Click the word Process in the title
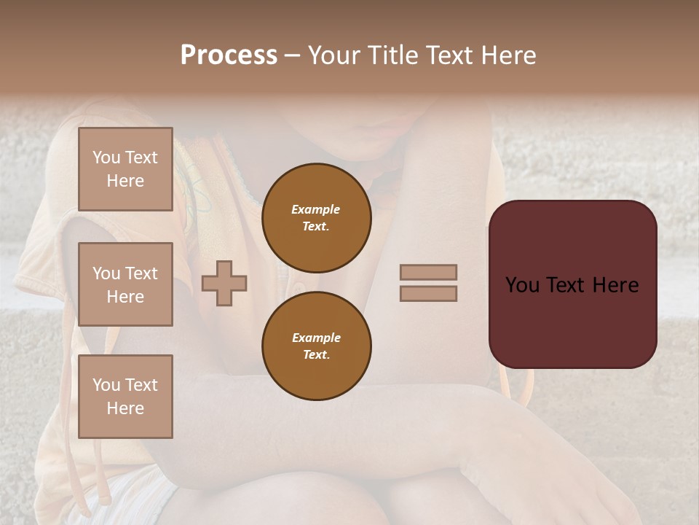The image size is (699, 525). (x=229, y=55)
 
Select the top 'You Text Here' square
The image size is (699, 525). (x=125, y=169)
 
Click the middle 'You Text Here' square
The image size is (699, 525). (x=125, y=284)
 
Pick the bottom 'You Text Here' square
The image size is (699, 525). (x=125, y=397)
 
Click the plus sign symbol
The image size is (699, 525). (x=224, y=283)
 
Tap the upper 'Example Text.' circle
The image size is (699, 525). (x=317, y=218)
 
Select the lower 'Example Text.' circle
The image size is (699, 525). (x=317, y=346)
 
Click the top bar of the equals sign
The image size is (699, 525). (x=428, y=273)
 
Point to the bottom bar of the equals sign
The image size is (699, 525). (x=428, y=294)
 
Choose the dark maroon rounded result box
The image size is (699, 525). (x=572, y=284)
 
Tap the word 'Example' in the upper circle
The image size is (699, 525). (x=315, y=210)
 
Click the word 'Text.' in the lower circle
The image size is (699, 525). (x=316, y=355)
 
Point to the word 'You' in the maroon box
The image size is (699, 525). (x=522, y=285)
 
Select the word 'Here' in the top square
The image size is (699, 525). (x=125, y=181)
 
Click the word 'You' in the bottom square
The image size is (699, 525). (x=106, y=385)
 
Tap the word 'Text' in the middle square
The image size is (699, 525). (x=141, y=273)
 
